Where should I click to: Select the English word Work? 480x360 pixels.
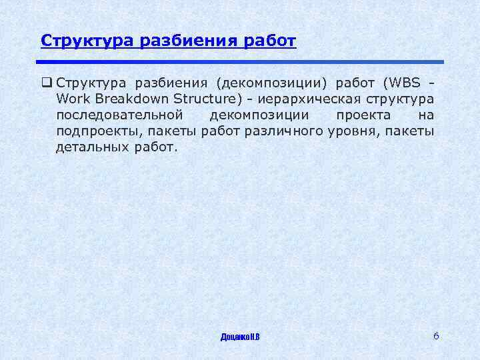(72, 99)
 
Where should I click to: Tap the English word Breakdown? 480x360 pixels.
(131, 99)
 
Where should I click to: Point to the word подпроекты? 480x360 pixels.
(95, 131)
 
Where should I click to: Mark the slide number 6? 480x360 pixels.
(436, 335)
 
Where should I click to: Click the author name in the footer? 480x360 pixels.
(240, 337)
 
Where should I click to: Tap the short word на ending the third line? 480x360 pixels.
(426, 115)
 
